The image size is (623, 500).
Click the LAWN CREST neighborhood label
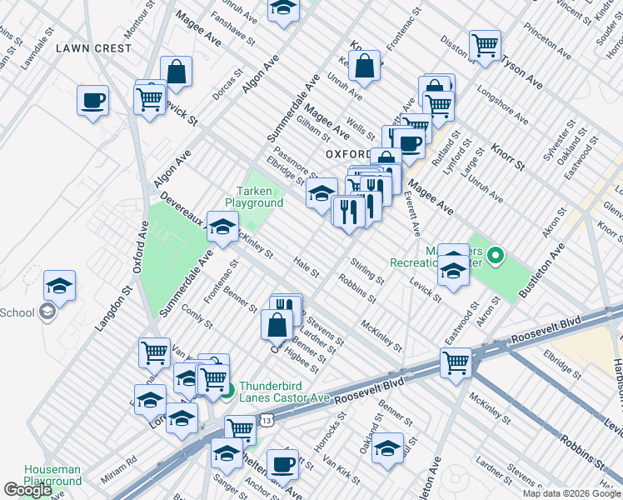point(93,48)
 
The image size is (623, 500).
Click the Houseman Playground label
point(52,475)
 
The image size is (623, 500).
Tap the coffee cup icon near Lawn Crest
point(92,101)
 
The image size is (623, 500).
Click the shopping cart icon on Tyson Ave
point(485,46)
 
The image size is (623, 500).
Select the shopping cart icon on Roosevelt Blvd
point(456,363)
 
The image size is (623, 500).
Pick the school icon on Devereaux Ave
point(222,227)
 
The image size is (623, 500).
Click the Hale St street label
point(307,267)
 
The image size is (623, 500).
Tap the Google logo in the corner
point(27,490)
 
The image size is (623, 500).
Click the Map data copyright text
point(571,493)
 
